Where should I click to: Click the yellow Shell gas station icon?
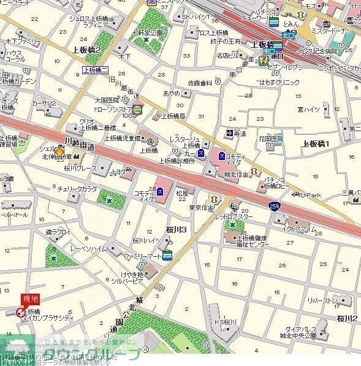click(x=59, y=152)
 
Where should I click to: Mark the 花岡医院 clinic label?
click(x=271, y=139)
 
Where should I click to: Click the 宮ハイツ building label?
click(x=308, y=109)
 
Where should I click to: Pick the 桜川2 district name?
click(x=347, y=318)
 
